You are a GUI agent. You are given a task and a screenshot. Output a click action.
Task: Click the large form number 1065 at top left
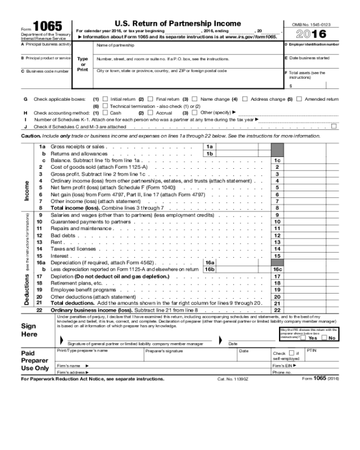click(49, 27)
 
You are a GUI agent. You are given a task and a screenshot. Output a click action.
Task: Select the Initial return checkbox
click(105, 99)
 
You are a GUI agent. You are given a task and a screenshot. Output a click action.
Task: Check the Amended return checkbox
click(299, 99)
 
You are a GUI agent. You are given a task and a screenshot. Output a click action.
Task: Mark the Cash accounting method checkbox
click(105, 112)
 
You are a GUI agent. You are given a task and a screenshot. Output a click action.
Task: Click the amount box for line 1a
click(242, 146)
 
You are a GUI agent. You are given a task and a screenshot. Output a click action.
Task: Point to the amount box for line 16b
click(242, 269)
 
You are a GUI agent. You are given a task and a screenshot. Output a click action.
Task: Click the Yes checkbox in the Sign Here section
click(304, 337)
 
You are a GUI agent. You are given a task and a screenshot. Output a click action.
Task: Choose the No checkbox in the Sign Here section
click(325, 337)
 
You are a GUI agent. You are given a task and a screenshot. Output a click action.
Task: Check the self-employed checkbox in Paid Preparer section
click(291, 353)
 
